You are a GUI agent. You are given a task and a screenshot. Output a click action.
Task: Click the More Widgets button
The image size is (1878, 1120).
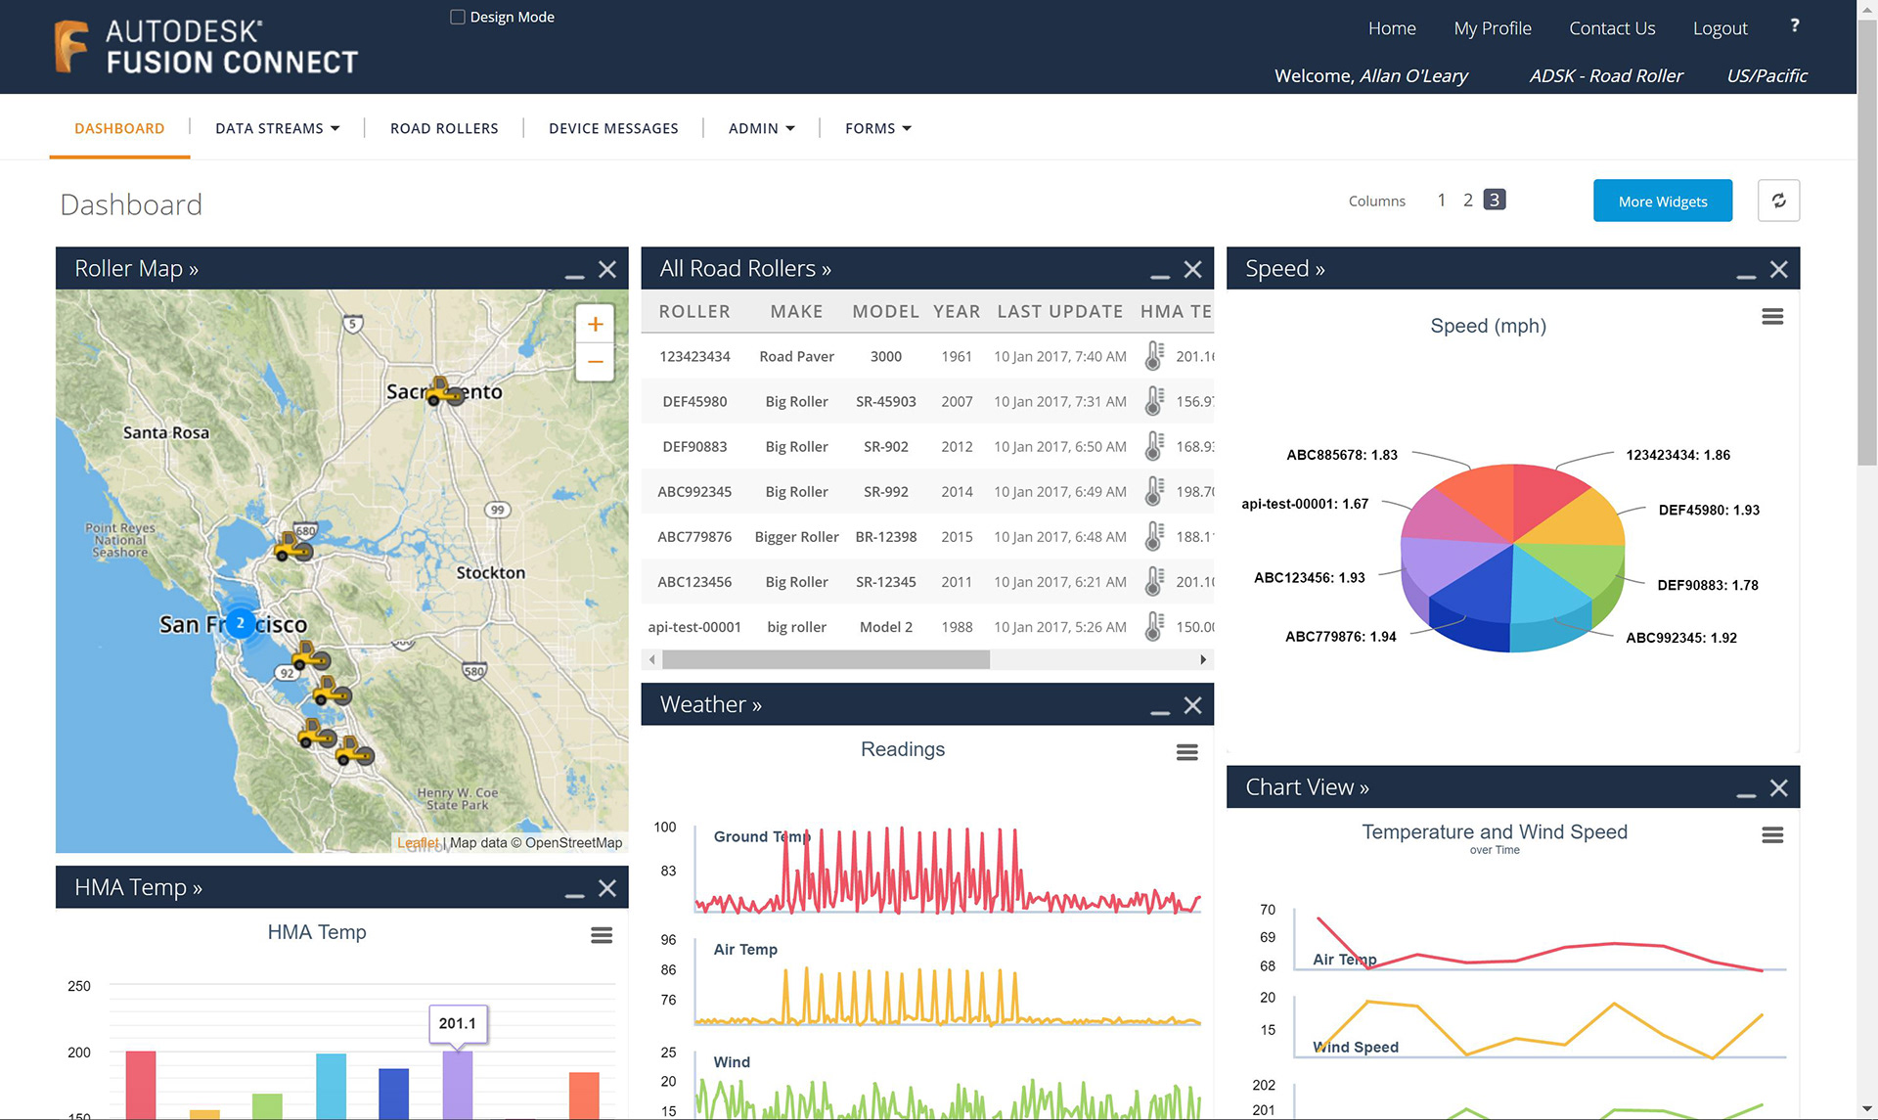1662,201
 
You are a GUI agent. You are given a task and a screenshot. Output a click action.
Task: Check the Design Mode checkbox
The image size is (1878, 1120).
457,17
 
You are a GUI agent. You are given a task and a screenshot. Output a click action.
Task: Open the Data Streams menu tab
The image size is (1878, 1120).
277,128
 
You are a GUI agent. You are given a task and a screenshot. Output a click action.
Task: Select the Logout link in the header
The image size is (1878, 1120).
1720,28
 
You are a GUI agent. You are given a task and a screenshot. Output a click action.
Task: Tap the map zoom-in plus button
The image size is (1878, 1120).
595,324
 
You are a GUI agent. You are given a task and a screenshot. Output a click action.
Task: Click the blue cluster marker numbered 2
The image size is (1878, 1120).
240,622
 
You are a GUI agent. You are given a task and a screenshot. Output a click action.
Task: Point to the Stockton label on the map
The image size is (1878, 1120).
490,572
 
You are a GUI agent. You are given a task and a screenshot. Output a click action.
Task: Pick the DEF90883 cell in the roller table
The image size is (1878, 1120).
694,446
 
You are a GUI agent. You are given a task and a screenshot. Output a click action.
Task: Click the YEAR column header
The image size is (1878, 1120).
956,311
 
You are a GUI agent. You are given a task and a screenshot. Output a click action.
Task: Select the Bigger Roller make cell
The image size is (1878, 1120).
796,536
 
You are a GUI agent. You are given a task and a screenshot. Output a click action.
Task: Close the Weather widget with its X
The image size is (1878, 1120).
1192,705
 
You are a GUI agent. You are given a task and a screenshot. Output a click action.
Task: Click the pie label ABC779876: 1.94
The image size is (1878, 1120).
1340,637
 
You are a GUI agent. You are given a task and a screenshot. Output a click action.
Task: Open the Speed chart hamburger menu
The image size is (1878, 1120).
1772,317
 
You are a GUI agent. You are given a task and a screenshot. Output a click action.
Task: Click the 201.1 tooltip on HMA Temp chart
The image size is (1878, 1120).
458,1023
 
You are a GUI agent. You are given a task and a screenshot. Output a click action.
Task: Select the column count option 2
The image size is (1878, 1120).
1467,201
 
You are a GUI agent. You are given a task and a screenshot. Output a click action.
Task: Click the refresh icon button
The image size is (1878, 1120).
1778,201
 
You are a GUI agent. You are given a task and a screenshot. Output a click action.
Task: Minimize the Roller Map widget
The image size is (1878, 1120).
574,271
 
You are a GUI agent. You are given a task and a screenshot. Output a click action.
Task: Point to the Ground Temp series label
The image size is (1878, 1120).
761,836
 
